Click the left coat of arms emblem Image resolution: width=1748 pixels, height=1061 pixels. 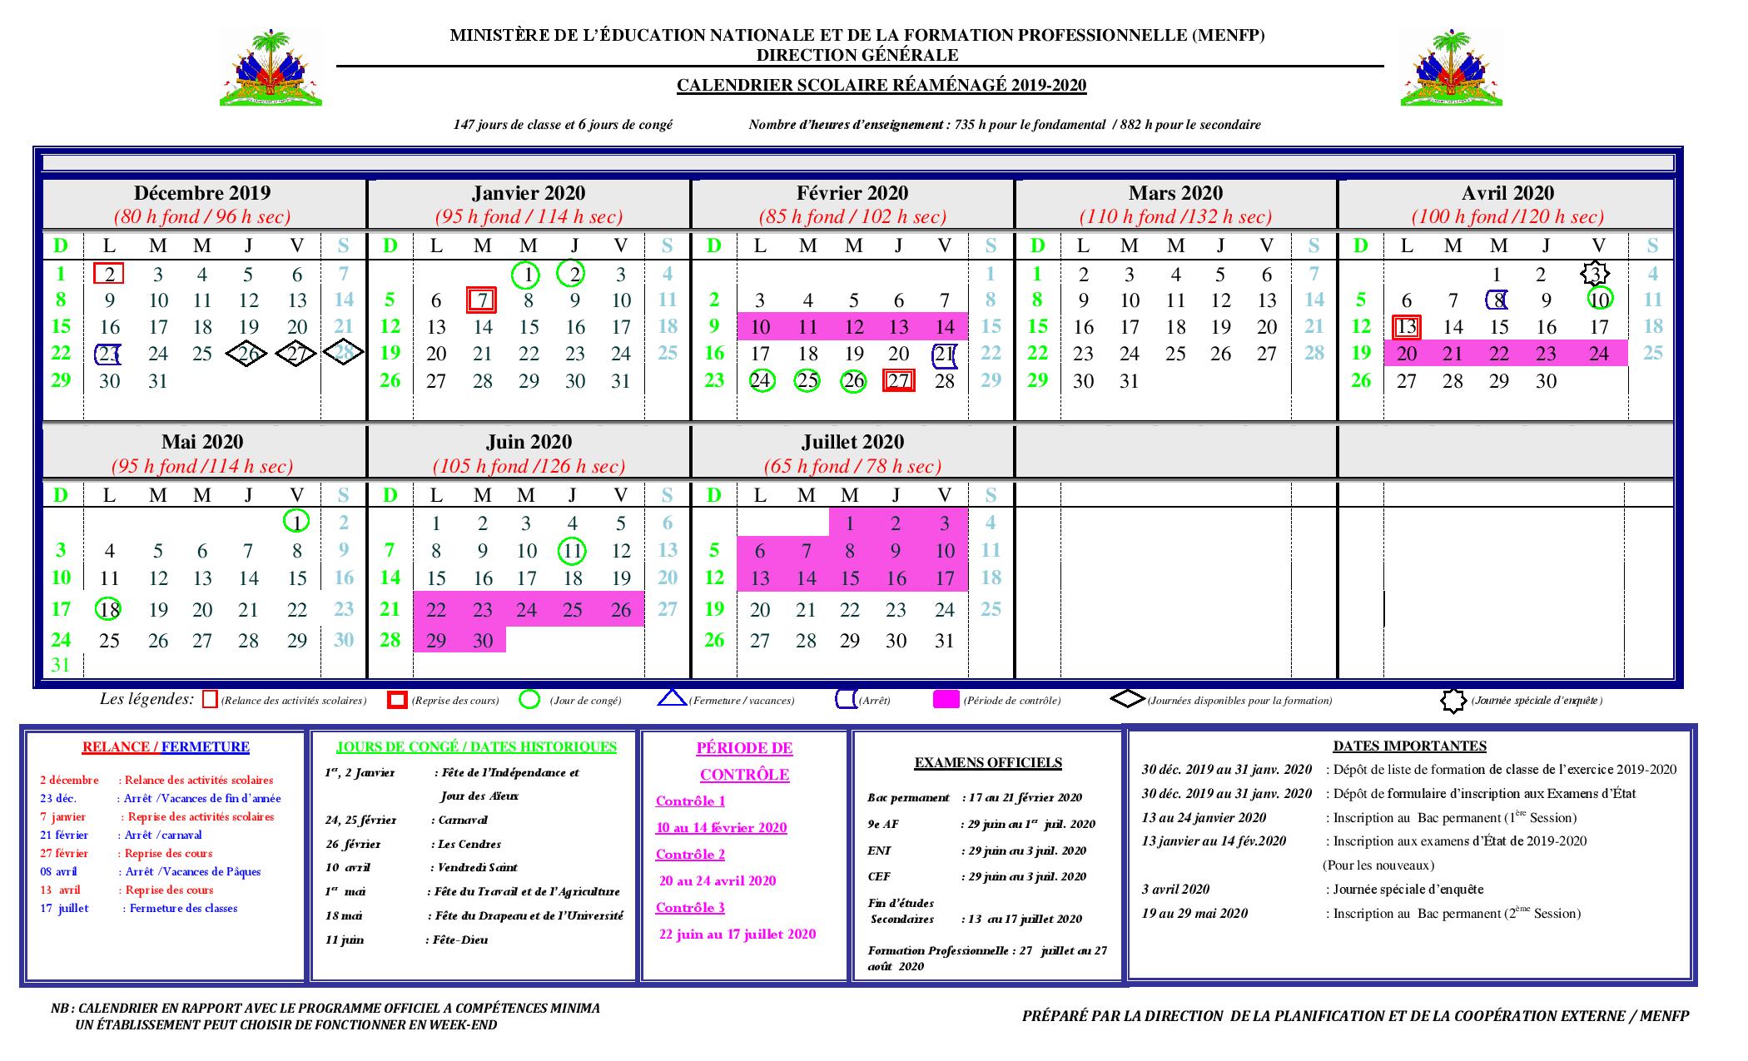(x=271, y=67)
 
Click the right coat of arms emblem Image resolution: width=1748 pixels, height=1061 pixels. (x=1451, y=67)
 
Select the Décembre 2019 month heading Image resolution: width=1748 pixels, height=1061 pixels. (x=202, y=193)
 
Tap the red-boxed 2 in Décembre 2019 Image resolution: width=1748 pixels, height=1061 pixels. (x=110, y=274)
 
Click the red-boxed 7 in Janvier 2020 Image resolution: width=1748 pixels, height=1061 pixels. (x=482, y=300)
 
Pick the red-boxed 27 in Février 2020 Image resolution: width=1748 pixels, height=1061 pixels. (x=898, y=381)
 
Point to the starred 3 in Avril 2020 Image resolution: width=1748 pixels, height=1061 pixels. (x=1594, y=274)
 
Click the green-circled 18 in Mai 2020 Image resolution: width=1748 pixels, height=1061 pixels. (x=108, y=609)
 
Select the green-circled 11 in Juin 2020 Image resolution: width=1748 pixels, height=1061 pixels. (x=572, y=550)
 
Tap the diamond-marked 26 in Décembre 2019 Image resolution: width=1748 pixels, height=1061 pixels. (x=247, y=354)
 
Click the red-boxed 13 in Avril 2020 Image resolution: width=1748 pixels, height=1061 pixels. (x=1406, y=327)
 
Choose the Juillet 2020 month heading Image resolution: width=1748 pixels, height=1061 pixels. (x=852, y=442)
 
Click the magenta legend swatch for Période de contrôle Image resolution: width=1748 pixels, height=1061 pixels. (x=946, y=700)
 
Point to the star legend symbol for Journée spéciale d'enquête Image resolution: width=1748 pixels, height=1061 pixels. (x=1453, y=701)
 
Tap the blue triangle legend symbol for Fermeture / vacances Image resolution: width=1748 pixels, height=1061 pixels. (x=672, y=700)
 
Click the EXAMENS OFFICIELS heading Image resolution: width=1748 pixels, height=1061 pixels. (x=988, y=762)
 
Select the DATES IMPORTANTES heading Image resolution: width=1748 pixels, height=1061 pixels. (x=1409, y=746)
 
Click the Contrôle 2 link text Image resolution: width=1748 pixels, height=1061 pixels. (x=690, y=855)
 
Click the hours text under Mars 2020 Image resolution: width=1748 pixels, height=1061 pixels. (x=1175, y=217)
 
